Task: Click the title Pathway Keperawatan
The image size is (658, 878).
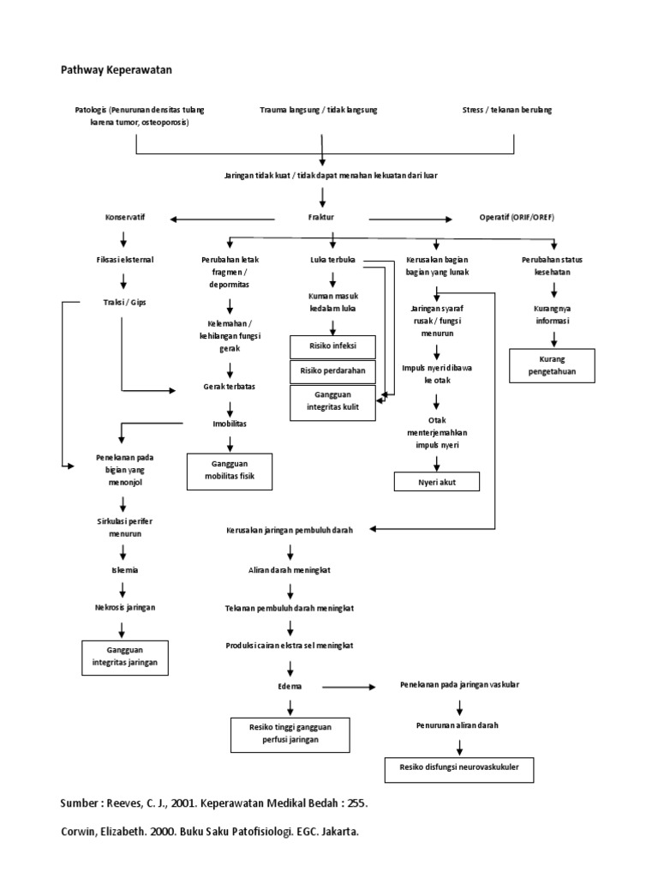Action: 116,69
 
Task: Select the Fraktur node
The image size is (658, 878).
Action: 322,218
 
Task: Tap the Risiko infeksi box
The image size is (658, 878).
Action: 332,346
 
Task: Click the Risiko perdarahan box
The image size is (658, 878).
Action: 332,371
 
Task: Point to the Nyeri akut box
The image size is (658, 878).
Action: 436,482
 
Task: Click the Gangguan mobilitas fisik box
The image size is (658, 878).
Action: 229,472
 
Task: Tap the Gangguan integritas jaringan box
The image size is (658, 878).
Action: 124,657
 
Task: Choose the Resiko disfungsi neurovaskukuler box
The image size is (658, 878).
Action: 459,769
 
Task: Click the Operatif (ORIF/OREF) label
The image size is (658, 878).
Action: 517,218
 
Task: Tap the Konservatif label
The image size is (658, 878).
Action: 124,218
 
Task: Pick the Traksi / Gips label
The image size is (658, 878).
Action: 124,302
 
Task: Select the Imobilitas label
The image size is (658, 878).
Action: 229,424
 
